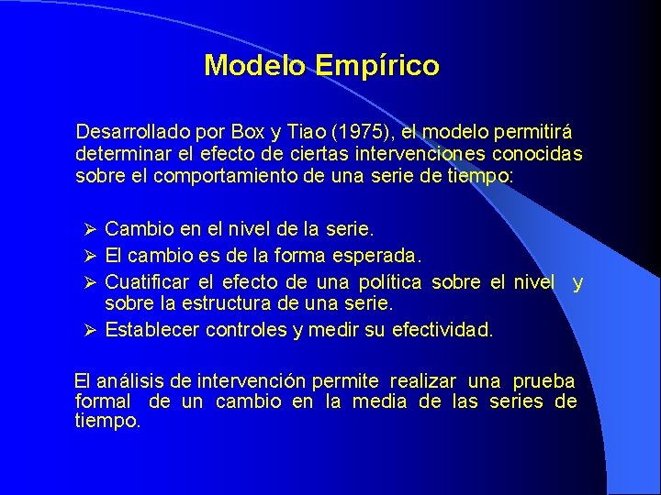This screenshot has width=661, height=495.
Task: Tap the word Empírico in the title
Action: (x=376, y=66)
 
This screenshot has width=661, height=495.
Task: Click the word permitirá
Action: (x=536, y=132)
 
